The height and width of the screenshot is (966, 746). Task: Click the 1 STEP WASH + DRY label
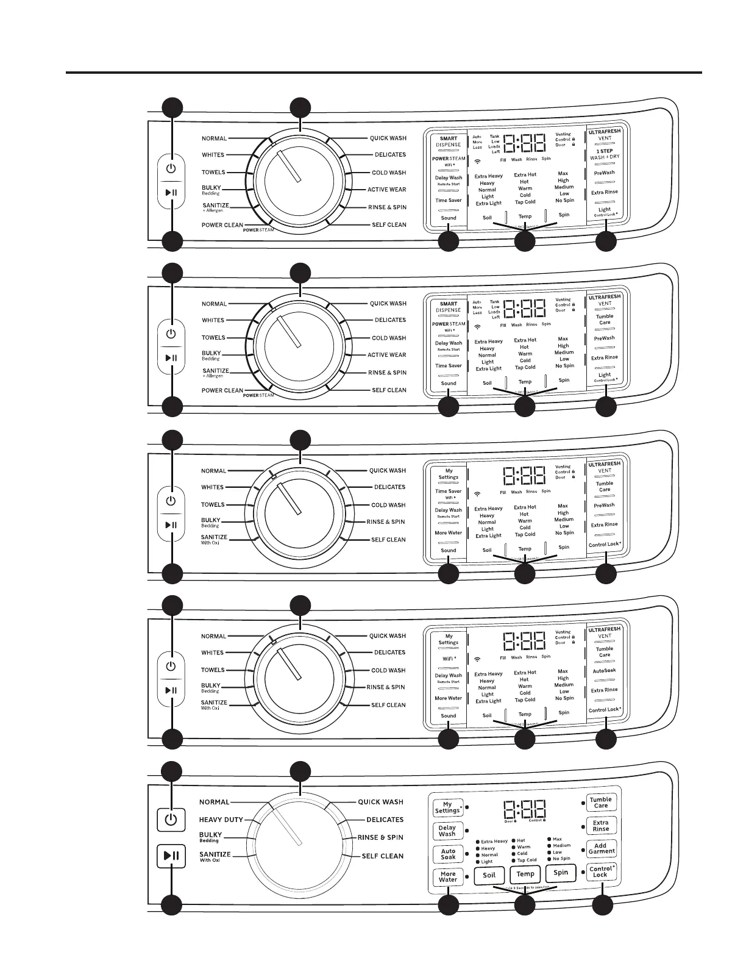[x=605, y=154]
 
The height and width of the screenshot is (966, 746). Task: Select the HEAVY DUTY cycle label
[x=221, y=820]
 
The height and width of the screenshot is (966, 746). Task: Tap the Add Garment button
[x=601, y=848]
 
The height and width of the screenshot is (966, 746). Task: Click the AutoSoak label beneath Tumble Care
[x=604, y=670]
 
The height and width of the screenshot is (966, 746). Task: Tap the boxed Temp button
[x=525, y=874]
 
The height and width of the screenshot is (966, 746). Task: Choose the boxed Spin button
[x=561, y=873]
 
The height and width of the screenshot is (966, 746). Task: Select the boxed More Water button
[x=448, y=876]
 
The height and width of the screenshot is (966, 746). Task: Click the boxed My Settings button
[x=447, y=807]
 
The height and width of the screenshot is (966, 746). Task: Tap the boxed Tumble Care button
[x=601, y=802]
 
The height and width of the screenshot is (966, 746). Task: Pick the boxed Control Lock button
[x=601, y=871]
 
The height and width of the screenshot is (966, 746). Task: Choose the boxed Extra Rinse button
[x=601, y=825]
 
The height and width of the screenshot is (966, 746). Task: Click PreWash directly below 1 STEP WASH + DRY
[x=604, y=173]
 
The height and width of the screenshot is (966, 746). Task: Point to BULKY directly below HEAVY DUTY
[x=211, y=835]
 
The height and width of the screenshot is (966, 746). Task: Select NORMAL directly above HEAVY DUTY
[x=215, y=802]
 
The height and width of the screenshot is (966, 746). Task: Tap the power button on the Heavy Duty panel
[x=171, y=820]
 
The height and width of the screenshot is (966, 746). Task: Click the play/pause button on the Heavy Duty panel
[x=171, y=856]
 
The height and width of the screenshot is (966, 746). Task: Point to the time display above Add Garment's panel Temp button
[x=524, y=810]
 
